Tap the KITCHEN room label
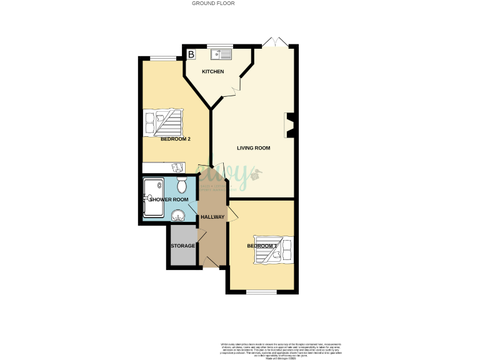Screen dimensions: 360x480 212,72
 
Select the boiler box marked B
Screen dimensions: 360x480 191,54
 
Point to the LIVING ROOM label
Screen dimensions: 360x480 253,148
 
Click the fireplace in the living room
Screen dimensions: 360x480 289,124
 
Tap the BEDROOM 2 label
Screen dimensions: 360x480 175,139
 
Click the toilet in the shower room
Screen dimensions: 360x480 182,186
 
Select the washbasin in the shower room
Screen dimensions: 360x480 179,216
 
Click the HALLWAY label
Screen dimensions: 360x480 212,217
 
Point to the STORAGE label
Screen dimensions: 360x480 182,246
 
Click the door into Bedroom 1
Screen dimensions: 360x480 232,215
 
